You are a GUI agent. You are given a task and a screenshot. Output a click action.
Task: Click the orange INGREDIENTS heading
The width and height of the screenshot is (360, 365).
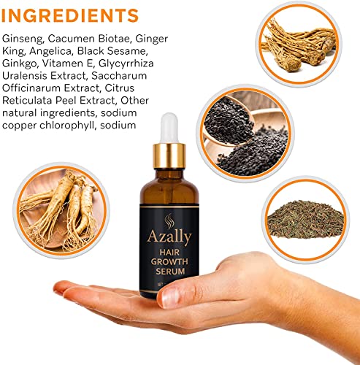coord(71,15)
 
